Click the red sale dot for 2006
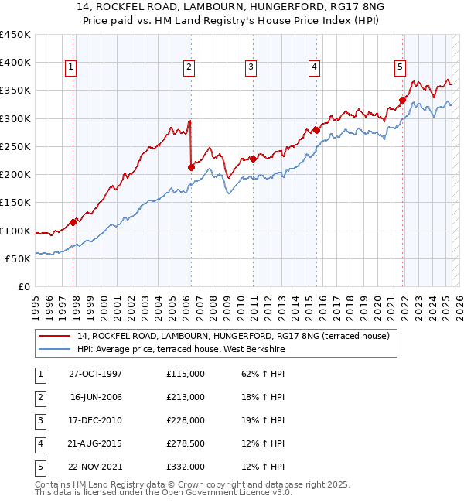point(191,166)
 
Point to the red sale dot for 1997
point(73,221)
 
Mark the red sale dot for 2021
point(403,100)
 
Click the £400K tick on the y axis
point(15,63)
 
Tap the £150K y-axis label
point(15,203)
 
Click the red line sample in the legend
point(55,336)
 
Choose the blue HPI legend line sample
point(55,350)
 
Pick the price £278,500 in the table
point(186,443)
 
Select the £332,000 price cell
point(186,467)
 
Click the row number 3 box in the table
point(39,420)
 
